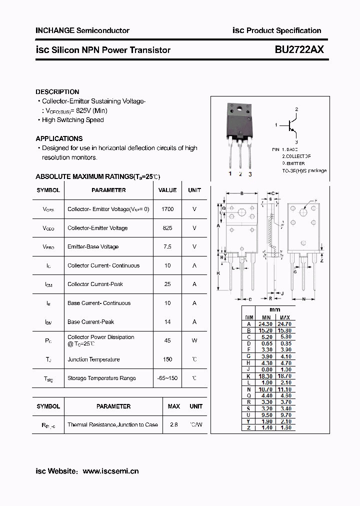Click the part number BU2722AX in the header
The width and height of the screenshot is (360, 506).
pyautogui.click(x=299, y=50)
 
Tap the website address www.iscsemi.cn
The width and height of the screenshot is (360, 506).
pyautogui.click(x=110, y=471)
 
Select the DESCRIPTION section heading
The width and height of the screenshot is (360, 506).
pyautogui.click(x=57, y=92)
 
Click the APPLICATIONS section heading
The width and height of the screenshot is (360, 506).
pyautogui.click(x=59, y=138)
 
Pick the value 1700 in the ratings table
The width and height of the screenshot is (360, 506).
pyautogui.click(x=167, y=209)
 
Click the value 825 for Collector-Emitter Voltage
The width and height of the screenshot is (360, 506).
pyautogui.click(x=167, y=228)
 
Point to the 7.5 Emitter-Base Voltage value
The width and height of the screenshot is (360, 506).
pyautogui.click(x=167, y=246)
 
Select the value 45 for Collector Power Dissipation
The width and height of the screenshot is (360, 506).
pyautogui.click(x=167, y=340)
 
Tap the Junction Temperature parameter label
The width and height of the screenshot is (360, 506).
pyautogui.click(x=93, y=359)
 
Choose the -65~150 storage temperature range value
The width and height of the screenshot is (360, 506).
pyautogui.click(x=167, y=378)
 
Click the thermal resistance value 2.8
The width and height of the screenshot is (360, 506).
pyautogui.click(x=174, y=424)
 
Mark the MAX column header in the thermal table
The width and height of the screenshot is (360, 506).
pyautogui.click(x=174, y=406)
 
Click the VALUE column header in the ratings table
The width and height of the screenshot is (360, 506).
pyautogui.click(x=167, y=190)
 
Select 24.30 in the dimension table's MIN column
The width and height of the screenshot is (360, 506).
pyautogui.click(x=265, y=324)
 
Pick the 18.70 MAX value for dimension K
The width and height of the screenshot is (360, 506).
pyautogui.click(x=284, y=376)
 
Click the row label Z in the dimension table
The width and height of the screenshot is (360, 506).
pyautogui.click(x=248, y=428)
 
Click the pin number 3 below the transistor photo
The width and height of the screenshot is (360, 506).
pyautogui.click(x=250, y=174)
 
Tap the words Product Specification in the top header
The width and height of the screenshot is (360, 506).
pyautogui.click(x=283, y=30)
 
